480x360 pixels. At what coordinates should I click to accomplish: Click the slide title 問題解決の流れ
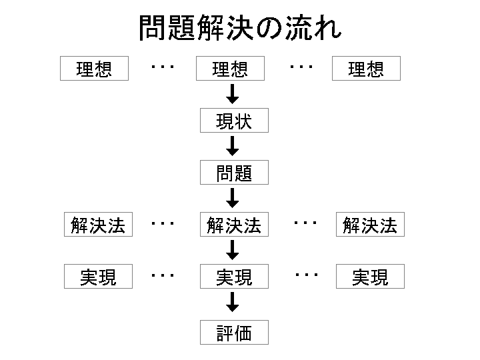coord(240,28)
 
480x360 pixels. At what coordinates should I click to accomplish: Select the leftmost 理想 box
coord(94,69)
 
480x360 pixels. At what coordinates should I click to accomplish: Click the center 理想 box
coord(230,69)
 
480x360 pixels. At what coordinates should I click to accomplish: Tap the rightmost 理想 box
coord(366,69)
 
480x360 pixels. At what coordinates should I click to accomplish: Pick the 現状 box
coord(234,121)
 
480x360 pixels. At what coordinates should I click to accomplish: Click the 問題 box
coord(234,173)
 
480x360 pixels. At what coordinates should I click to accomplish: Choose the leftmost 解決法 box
coord(98,225)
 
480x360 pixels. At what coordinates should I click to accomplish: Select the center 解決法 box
coord(234,225)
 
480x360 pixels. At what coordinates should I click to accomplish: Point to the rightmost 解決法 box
coord(370,225)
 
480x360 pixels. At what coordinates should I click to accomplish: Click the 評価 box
coord(234,333)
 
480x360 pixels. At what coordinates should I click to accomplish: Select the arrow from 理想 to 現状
coord(233,94)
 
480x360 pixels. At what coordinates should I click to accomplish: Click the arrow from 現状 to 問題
coord(233,146)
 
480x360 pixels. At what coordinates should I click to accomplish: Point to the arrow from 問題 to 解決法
coord(233,198)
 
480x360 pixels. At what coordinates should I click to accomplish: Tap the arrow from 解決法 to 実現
coord(233,250)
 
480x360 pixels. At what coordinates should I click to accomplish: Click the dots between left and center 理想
coord(163,66)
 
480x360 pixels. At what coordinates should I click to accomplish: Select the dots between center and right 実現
coord(305,274)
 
